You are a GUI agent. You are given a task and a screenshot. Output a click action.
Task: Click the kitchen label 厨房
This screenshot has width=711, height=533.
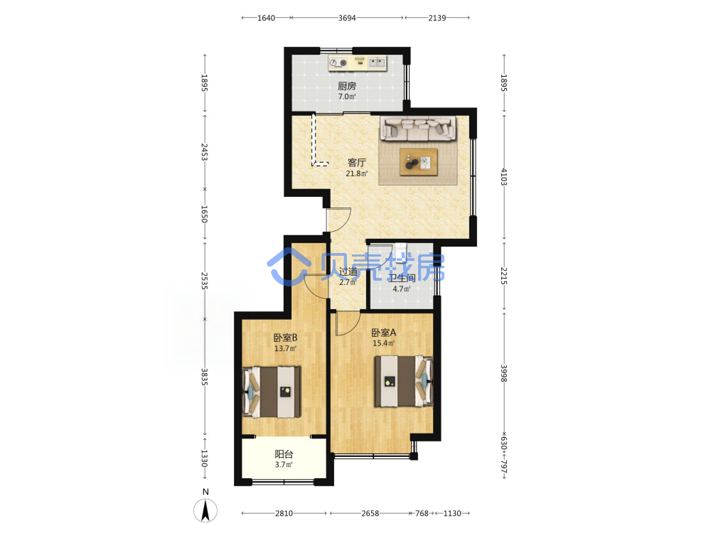[347, 86]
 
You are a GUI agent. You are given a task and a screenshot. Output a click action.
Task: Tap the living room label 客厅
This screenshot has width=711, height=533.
[356, 162]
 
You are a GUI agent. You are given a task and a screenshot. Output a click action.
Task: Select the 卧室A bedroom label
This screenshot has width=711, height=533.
[384, 333]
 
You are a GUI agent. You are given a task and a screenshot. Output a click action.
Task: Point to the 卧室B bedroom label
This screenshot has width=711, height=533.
[285, 338]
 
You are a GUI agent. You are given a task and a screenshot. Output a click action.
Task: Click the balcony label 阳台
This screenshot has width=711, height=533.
[284, 453]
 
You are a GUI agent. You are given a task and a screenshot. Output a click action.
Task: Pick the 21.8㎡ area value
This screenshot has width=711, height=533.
[356, 173]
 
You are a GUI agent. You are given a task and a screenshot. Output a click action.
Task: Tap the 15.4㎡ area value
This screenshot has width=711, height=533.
[384, 343]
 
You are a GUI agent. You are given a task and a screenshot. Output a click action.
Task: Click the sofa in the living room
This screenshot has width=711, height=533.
[417, 128]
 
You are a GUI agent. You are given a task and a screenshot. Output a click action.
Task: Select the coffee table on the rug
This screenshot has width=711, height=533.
[419, 162]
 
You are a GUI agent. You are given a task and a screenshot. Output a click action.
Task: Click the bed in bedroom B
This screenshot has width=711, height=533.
[272, 392]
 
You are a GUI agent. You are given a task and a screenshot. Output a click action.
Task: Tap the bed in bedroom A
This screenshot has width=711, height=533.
[403, 381]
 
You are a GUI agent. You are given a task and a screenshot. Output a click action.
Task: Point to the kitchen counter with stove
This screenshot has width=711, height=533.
[358, 63]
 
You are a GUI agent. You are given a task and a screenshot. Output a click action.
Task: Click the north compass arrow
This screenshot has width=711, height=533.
[205, 510]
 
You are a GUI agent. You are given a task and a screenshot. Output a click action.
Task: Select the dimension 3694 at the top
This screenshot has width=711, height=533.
[347, 18]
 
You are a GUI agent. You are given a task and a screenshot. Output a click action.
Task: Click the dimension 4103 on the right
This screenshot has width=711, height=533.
[504, 177]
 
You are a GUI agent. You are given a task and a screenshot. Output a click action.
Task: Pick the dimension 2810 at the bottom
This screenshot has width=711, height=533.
[284, 513]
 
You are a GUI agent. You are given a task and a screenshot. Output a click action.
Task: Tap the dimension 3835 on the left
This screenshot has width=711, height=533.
[205, 377]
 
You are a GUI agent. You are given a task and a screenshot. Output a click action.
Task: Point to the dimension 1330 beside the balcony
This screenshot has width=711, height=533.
[205, 458]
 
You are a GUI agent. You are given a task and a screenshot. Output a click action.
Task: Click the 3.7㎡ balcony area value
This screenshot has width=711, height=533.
[284, 465]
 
